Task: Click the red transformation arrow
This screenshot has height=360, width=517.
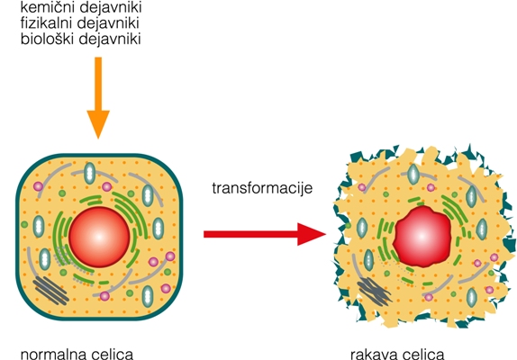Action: point(261,234)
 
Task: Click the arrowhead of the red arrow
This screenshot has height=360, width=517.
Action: point(311,234)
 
